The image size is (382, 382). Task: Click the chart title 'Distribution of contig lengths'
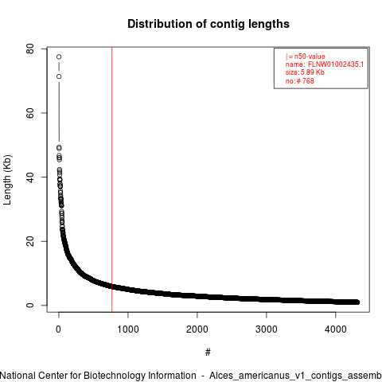[x=209, y=24]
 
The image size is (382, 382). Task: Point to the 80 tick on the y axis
[x=30, y=49]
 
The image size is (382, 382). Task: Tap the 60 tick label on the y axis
[x=30, y=113]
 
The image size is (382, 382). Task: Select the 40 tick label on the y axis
[x=30, y=177]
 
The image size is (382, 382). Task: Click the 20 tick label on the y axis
[x=30, y=241]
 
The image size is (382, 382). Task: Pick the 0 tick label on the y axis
[x=30, y=306]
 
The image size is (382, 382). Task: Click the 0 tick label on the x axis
[x=59, y=329]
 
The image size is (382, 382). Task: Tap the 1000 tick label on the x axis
[x=128, y=329]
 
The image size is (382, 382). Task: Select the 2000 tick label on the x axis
[x=197, y=329]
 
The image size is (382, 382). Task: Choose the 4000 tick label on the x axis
[x=336, y=329]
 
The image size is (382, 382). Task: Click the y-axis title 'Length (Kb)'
[x=7, y=180]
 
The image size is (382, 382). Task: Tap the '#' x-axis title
[x=208, y=353]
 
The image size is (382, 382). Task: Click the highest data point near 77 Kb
[x=59, y=57]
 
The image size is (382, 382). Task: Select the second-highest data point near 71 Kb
[x=59, y=76]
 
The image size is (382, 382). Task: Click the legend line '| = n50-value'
[x=305, y=57]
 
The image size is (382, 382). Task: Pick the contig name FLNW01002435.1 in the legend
[x=336, y=64]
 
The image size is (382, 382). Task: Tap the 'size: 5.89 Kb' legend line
[x=305, y=72]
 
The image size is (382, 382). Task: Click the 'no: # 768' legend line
[x=300, y=80]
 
